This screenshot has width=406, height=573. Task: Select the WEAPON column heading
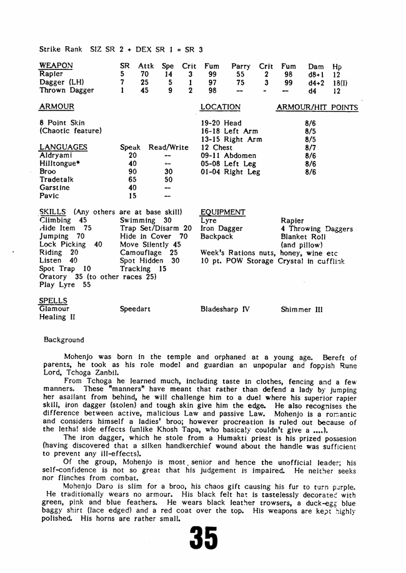(56, 66)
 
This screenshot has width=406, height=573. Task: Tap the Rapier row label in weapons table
(51, 74)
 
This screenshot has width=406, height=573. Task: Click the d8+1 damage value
(314, 74)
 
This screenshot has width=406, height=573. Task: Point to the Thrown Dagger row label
(66, 90)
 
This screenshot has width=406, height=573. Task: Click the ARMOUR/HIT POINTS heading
(317, 107)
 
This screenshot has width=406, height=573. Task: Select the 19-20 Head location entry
(221, 123)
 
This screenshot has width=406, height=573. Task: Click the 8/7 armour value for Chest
(310, 147)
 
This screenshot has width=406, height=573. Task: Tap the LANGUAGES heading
(63, 147)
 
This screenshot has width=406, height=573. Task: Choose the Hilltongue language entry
(61, 164)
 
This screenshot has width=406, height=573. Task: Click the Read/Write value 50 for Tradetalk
(168, 180)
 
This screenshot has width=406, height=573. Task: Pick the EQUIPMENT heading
(222, 212)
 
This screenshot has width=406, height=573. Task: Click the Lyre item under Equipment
(209, 220)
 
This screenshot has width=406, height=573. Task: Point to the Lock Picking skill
(62, 245)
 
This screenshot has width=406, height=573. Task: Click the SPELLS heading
(54, 301)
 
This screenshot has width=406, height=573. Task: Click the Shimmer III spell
(302, 309)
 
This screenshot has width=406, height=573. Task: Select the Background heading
(64, 340)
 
